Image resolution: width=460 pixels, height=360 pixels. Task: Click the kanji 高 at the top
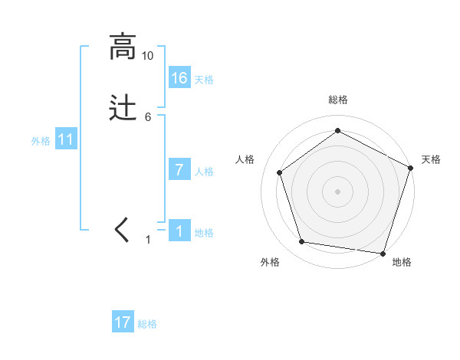pyautogui.click(x=122, y=47)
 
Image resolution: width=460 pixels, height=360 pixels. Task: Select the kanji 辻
pyautogui.click(x=122, y=108)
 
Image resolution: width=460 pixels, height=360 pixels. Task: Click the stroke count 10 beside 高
pyautogui.click(x=148, y=56)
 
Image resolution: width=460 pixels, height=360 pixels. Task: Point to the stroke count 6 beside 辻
pyautogui.click(x=148, y=117)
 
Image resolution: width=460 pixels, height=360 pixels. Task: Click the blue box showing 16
pyautogui.click(x=179, y=77)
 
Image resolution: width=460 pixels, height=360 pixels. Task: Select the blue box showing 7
pyautogui.click(x=179, y=170)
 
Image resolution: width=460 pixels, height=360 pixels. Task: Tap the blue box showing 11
pyautogui.click(x=66, y=139)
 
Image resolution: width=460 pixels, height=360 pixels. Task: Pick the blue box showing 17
pyautogui.click(x=123, y=322)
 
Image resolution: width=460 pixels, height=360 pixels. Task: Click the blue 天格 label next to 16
pyautogui.click(x=204, y=80)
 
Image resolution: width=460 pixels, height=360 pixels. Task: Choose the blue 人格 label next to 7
pyautogui.click(x=204, y=172)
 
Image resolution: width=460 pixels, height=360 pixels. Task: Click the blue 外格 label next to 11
pyautogui.click(x=41, y=141)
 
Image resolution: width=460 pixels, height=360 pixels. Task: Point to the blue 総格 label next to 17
pyautogui.click(x=147, y=324)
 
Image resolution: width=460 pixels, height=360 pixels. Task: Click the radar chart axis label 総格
pyautogui.click(x=337, y=100)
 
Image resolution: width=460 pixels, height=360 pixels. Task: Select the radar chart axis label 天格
pyautogui.click(x=432, y=159)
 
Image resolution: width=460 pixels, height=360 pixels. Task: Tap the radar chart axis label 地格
pyautogui.click(x=402, y=263)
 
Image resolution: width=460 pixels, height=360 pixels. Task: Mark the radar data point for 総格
pyautogui.click(x=337, y=130)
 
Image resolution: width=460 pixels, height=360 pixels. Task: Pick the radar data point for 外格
pyautogui.click(x=302, y=242)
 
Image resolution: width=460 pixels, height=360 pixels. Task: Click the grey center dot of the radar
pyautogui.click(x=337, y=191)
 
